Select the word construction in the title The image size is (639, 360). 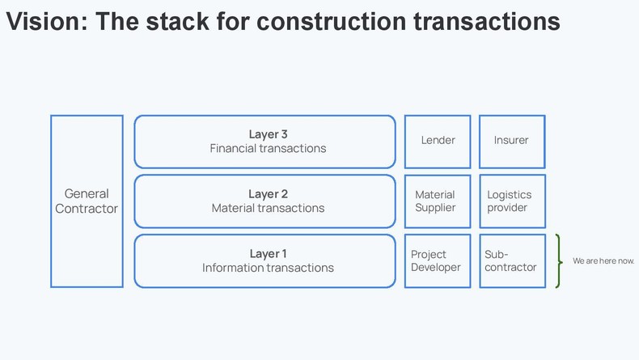(x=331, y=21)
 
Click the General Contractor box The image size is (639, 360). (x=87, y=201)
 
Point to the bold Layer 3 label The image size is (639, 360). (x=269, y=134)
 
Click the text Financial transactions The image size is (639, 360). (x=269, y=148)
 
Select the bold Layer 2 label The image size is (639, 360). (x=269, y=194)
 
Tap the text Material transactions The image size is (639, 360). (x=269, y=208)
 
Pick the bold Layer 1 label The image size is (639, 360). (x=269, y=253)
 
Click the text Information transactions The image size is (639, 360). (x=269, y=268)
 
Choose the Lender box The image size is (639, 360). (x=438, y=142)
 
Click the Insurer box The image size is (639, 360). (x=512, y=142)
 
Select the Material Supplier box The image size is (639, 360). (x=438, y=201)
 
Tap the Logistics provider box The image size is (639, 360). (x=512, y=201)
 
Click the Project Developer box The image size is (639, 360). (x=438, y=261)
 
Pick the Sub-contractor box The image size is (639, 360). (x=512, y=261)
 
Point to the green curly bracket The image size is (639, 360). (x=559, y=261)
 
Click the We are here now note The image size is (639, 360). (x=603, y=261)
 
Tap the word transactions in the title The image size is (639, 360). (x=487, y=21)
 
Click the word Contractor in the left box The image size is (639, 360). (x=87, y=209)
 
